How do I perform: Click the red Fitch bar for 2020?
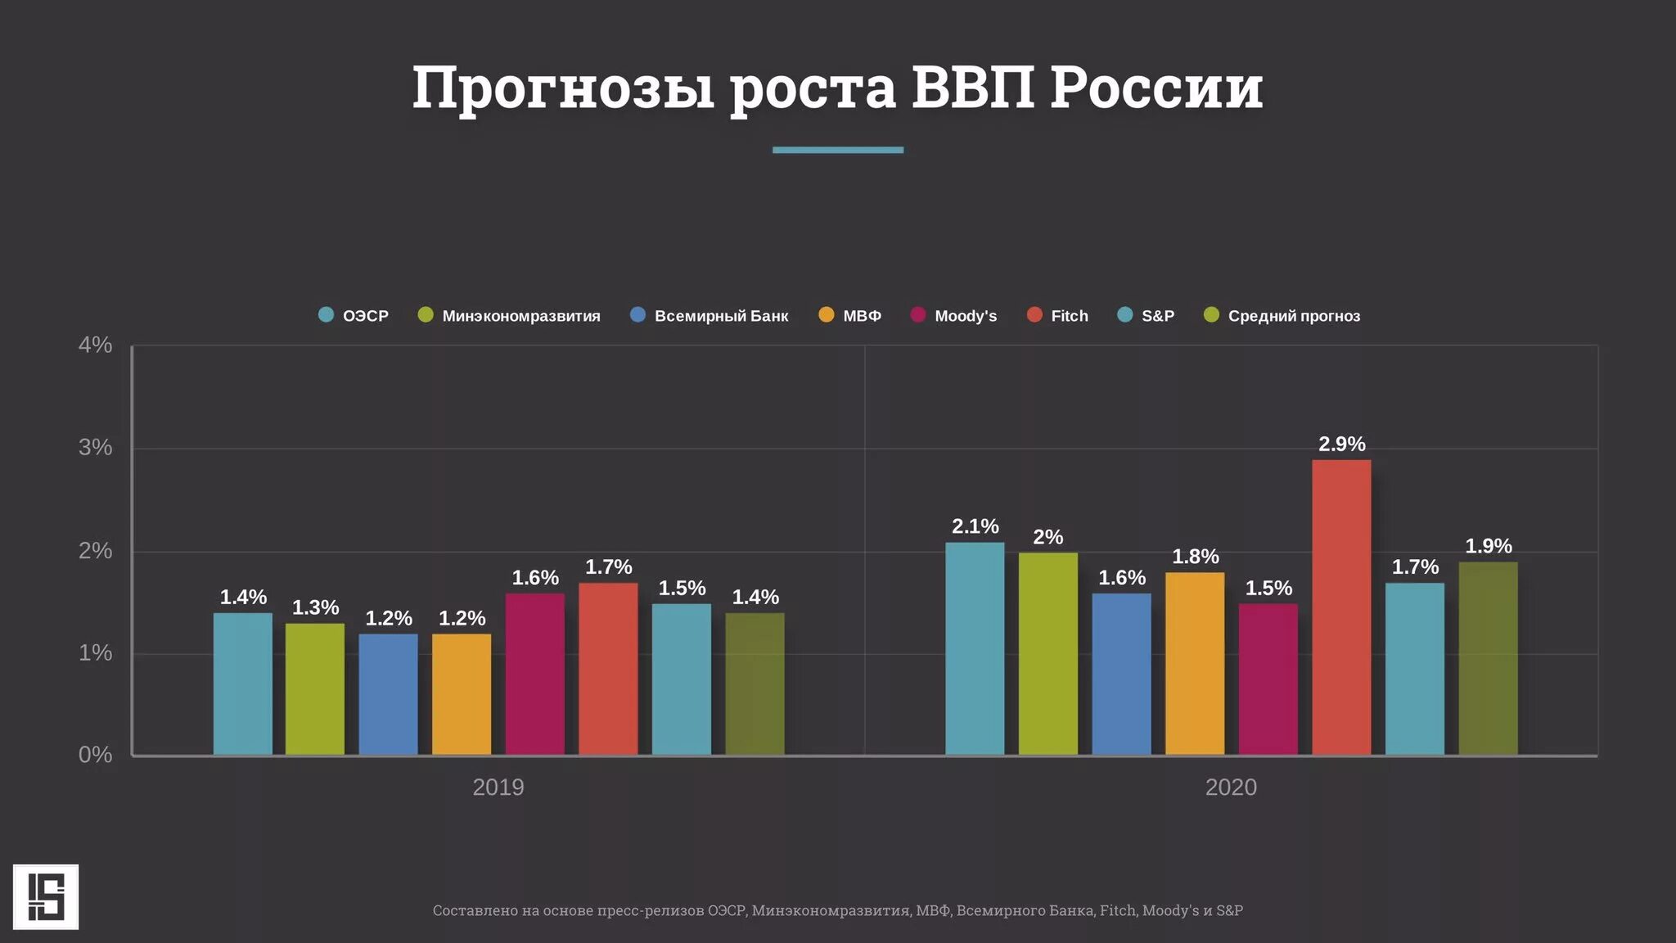(x=1341, y=607)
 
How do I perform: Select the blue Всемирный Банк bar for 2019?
(x=388, y=694)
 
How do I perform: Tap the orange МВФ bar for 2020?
(x=1195, y=663)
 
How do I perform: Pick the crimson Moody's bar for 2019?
(x=534, y=674)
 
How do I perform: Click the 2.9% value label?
(x=1341, y=444)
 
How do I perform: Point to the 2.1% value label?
(x=975, y=526)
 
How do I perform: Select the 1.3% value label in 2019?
(x=315, y=607)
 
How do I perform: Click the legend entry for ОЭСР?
(x=354, y=316)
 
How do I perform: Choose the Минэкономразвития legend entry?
(x=510, y=316)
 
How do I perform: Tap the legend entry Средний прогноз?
(x=1282, y=316)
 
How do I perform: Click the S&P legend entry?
(x=1147, y=316)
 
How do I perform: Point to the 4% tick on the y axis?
(x=95, y=345)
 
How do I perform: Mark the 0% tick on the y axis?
(x=95, y=755)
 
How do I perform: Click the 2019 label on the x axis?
(x=498, y=787)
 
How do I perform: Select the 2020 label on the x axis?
(x=1230, y=787)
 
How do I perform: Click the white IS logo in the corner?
(x=46, y=896)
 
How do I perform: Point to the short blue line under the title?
(x=837, y=150)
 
